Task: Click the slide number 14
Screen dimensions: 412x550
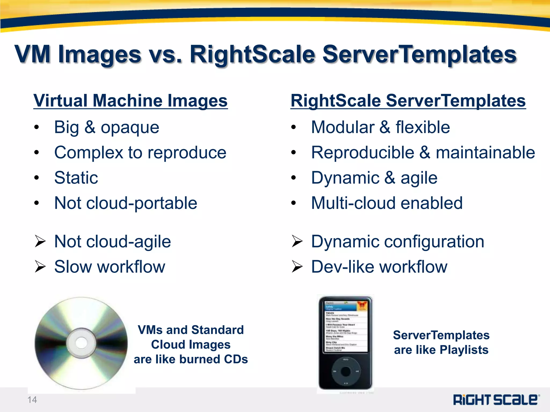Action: click(x=32, y=400)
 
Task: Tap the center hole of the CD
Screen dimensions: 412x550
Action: click(x=81, y=343)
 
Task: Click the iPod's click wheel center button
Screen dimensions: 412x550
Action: click(x=346, y=371)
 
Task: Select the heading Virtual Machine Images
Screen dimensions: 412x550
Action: click(x=131, y=101)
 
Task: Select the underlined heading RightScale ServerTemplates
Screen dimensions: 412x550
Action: click(x=408, y=101)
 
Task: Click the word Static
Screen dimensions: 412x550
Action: click(x=76, y=178)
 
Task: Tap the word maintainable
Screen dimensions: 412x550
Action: click(x=485, y=153)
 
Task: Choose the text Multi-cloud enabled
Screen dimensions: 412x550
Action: click(x=387, y=203)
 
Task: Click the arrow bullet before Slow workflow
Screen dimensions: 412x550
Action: click(x=40, y=267)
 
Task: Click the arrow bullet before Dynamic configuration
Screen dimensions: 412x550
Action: click(x=297, y=241)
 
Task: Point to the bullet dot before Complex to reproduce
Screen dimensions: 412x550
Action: click(x=37, y=153)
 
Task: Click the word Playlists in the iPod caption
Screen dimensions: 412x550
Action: click(x=464, y=350)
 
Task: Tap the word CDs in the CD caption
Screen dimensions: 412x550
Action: click(x=236, y=359)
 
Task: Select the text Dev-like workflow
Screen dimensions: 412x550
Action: click(x=379, y=267)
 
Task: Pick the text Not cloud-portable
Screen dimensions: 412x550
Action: click(x=126, y=203)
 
